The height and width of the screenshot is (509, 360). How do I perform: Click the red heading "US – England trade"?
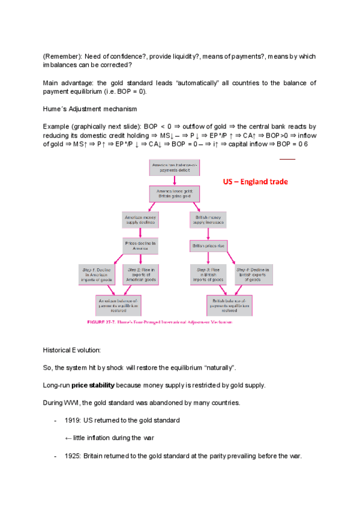(255, 181)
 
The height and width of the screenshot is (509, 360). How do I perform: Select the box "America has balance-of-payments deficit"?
(173, 166)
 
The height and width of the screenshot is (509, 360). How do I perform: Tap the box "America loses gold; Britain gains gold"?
(174, 193)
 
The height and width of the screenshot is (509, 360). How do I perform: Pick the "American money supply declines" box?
(139, 219)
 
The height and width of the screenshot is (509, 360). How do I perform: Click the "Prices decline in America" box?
(140, 245)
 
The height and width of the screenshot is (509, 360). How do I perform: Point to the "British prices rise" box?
(208, 245)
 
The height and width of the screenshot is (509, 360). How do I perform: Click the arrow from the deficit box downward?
(173, 179)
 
